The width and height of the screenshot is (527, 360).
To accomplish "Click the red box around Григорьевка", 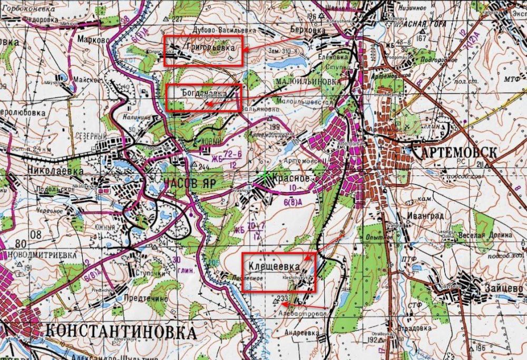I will [203, 51].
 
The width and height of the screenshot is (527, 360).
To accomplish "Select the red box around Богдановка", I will [203, 98].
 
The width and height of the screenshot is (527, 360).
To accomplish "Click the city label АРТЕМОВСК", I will [453, 152].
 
